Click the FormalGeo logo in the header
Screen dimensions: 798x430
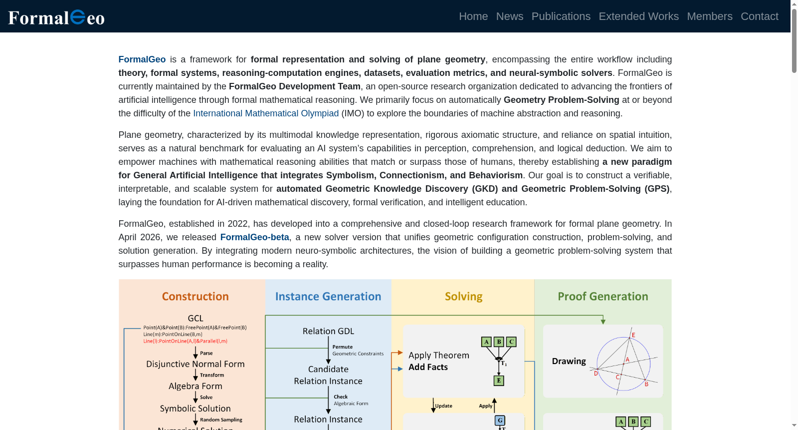tap(56, 17)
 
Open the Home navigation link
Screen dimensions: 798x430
tap(473, 16)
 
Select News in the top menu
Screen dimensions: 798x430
tap(509, 16)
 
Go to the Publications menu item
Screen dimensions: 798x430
tap(561, 16)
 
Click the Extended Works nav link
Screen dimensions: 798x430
tap(638, 16)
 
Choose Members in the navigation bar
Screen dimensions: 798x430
tap(710, 16)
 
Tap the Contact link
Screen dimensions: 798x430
tap(760, 16)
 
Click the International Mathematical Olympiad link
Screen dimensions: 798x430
tap(266, 113)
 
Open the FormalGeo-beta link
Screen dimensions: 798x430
tap(254, 237)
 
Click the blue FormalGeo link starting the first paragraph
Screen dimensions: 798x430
tap(142, 59)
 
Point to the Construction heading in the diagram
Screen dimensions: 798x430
tap(195, 296)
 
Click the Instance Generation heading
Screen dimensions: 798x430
tap(328, 296)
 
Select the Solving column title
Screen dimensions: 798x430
tap(463, 296)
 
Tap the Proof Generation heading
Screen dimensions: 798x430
tap(603, 296)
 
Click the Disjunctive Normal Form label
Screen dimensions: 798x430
tap(195, 364)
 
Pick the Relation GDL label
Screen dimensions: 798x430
tap(328, 331)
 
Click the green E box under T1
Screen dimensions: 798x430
tap(499, 381)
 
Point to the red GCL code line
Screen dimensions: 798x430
tap(185, 341)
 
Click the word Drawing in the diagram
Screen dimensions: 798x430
tap(569, 361)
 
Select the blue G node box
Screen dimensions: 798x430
tap(500, 421)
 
